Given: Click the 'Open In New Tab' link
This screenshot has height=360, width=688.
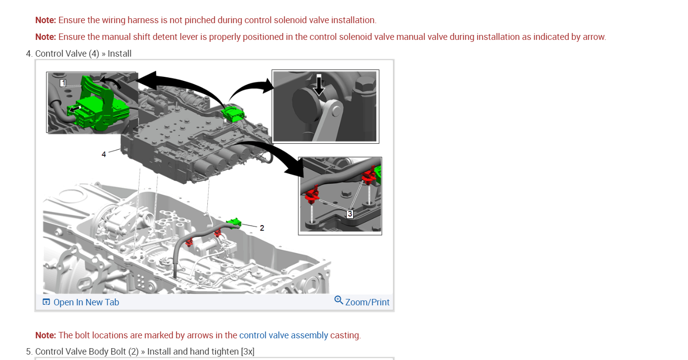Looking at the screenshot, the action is coord(86,302).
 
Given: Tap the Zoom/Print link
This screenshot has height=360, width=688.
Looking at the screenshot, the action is coord(367,302).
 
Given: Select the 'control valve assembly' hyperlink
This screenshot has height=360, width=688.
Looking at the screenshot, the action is coord(283,335).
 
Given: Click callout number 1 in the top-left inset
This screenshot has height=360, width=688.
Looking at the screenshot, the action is coord(63,83).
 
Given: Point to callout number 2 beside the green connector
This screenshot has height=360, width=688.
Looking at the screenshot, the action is coord(262,228).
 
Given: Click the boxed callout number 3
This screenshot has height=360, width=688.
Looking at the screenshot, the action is coord(350,214).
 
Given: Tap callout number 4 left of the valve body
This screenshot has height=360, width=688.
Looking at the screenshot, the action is coord(104,154).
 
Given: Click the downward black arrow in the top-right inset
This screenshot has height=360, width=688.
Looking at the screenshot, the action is coord(320,85).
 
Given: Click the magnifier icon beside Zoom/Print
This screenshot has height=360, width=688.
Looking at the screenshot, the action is coord(338,300).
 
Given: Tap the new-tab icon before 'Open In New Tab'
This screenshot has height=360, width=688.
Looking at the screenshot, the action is coord(46,302).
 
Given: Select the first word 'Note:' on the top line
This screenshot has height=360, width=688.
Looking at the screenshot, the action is coord(46,20).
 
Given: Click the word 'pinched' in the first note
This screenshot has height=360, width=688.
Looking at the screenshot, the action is coord(211,20).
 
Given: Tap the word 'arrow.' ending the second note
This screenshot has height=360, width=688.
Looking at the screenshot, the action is coord(594,37).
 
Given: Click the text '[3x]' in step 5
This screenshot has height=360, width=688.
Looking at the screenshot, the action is coord(248,351).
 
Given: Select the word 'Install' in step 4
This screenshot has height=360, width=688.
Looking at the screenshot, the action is coord(120,53).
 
